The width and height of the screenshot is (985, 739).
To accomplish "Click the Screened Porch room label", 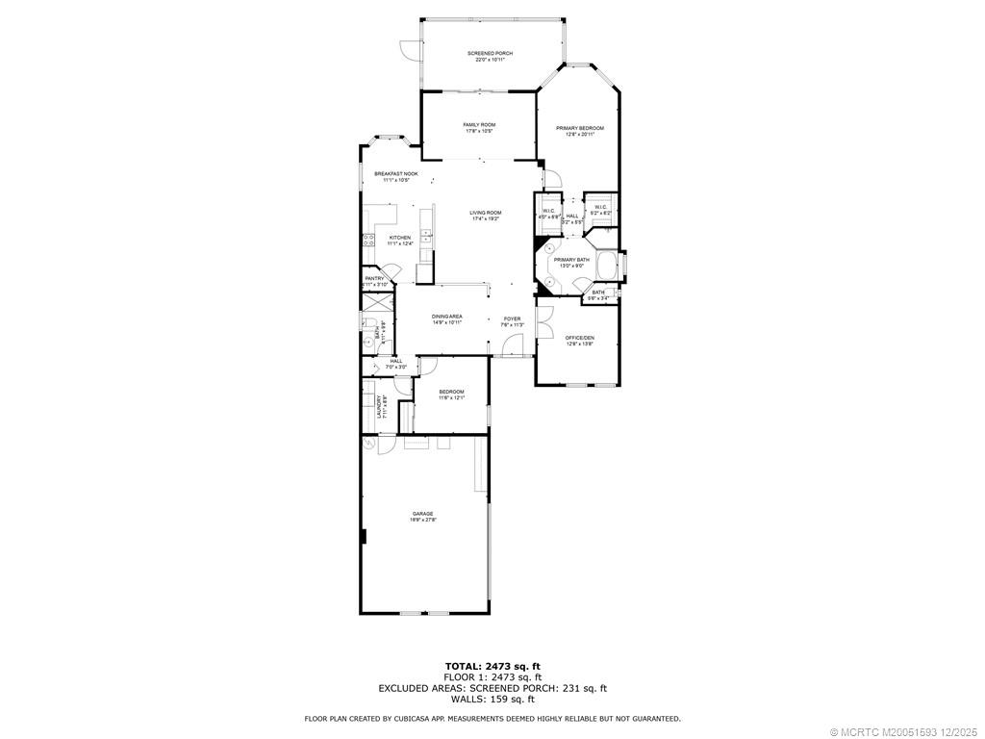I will (490, 53).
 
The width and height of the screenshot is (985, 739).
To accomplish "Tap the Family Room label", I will (479, 124).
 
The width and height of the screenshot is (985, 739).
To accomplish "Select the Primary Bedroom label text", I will (579, 128).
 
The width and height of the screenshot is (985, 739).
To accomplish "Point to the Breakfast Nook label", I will (396, 173).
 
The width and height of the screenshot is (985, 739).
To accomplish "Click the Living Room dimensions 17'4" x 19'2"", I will (486, 219).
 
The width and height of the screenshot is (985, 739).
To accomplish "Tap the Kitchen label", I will (399, 238).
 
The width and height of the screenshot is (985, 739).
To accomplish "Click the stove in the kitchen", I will (367, 240).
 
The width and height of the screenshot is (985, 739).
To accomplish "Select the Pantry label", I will (374, 278).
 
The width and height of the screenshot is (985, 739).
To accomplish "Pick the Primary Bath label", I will (570, 260).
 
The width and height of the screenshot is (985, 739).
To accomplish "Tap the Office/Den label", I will (579, 338).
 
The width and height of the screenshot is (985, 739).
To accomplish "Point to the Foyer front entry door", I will (514, 355).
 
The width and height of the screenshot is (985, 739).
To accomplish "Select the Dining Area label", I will (446, 317).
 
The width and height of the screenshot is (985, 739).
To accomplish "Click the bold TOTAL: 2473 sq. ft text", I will (492, 666).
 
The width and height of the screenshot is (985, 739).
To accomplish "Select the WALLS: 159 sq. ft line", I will (492, 699).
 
